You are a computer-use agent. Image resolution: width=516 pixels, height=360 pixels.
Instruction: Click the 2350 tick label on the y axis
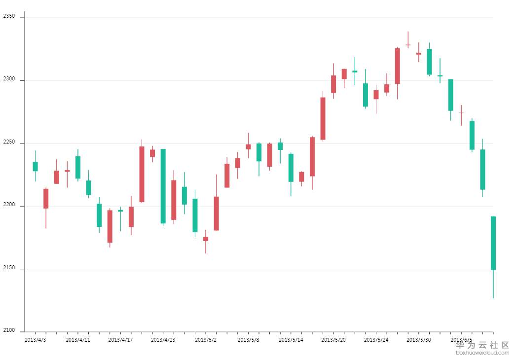point(9,17)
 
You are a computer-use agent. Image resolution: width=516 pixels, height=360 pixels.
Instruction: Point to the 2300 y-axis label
point(9,80)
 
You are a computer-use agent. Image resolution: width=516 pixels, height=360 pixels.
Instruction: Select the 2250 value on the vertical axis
point(9,143)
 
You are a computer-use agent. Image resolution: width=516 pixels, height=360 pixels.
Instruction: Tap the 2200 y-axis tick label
point(9,206)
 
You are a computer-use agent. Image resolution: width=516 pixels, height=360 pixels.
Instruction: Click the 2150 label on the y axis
point(9,268)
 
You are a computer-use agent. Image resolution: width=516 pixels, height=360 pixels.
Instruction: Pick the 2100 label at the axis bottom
point(9,331)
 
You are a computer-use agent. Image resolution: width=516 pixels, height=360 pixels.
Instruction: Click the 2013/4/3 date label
point(35,340)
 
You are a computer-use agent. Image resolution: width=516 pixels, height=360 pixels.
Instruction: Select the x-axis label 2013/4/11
point(78,340)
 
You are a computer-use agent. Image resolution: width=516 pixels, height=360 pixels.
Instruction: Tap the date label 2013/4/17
point(120,340)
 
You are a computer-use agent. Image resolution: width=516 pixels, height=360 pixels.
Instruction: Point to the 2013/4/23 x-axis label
point(163,340)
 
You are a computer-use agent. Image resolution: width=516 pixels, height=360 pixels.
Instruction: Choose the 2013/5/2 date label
point(206,340)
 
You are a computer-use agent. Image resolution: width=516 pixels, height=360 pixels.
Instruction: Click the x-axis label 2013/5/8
point(248,340)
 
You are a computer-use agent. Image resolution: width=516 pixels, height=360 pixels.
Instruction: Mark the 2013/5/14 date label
point(291,340)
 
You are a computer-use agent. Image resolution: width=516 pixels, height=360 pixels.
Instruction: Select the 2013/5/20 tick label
point(333,340)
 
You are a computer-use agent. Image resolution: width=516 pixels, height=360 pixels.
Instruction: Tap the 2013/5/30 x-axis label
point(419,340)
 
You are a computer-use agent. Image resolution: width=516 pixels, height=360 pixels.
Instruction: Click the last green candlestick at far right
point(493,243)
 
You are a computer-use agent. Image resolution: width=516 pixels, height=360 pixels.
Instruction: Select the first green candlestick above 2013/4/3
point(35,166)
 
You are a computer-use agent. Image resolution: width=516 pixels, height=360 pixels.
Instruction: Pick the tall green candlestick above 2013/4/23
point(163,186)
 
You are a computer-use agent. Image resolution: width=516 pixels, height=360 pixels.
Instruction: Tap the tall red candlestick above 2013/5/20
point(323,118)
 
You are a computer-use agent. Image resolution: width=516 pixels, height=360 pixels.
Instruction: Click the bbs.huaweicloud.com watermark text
point(482,353)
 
